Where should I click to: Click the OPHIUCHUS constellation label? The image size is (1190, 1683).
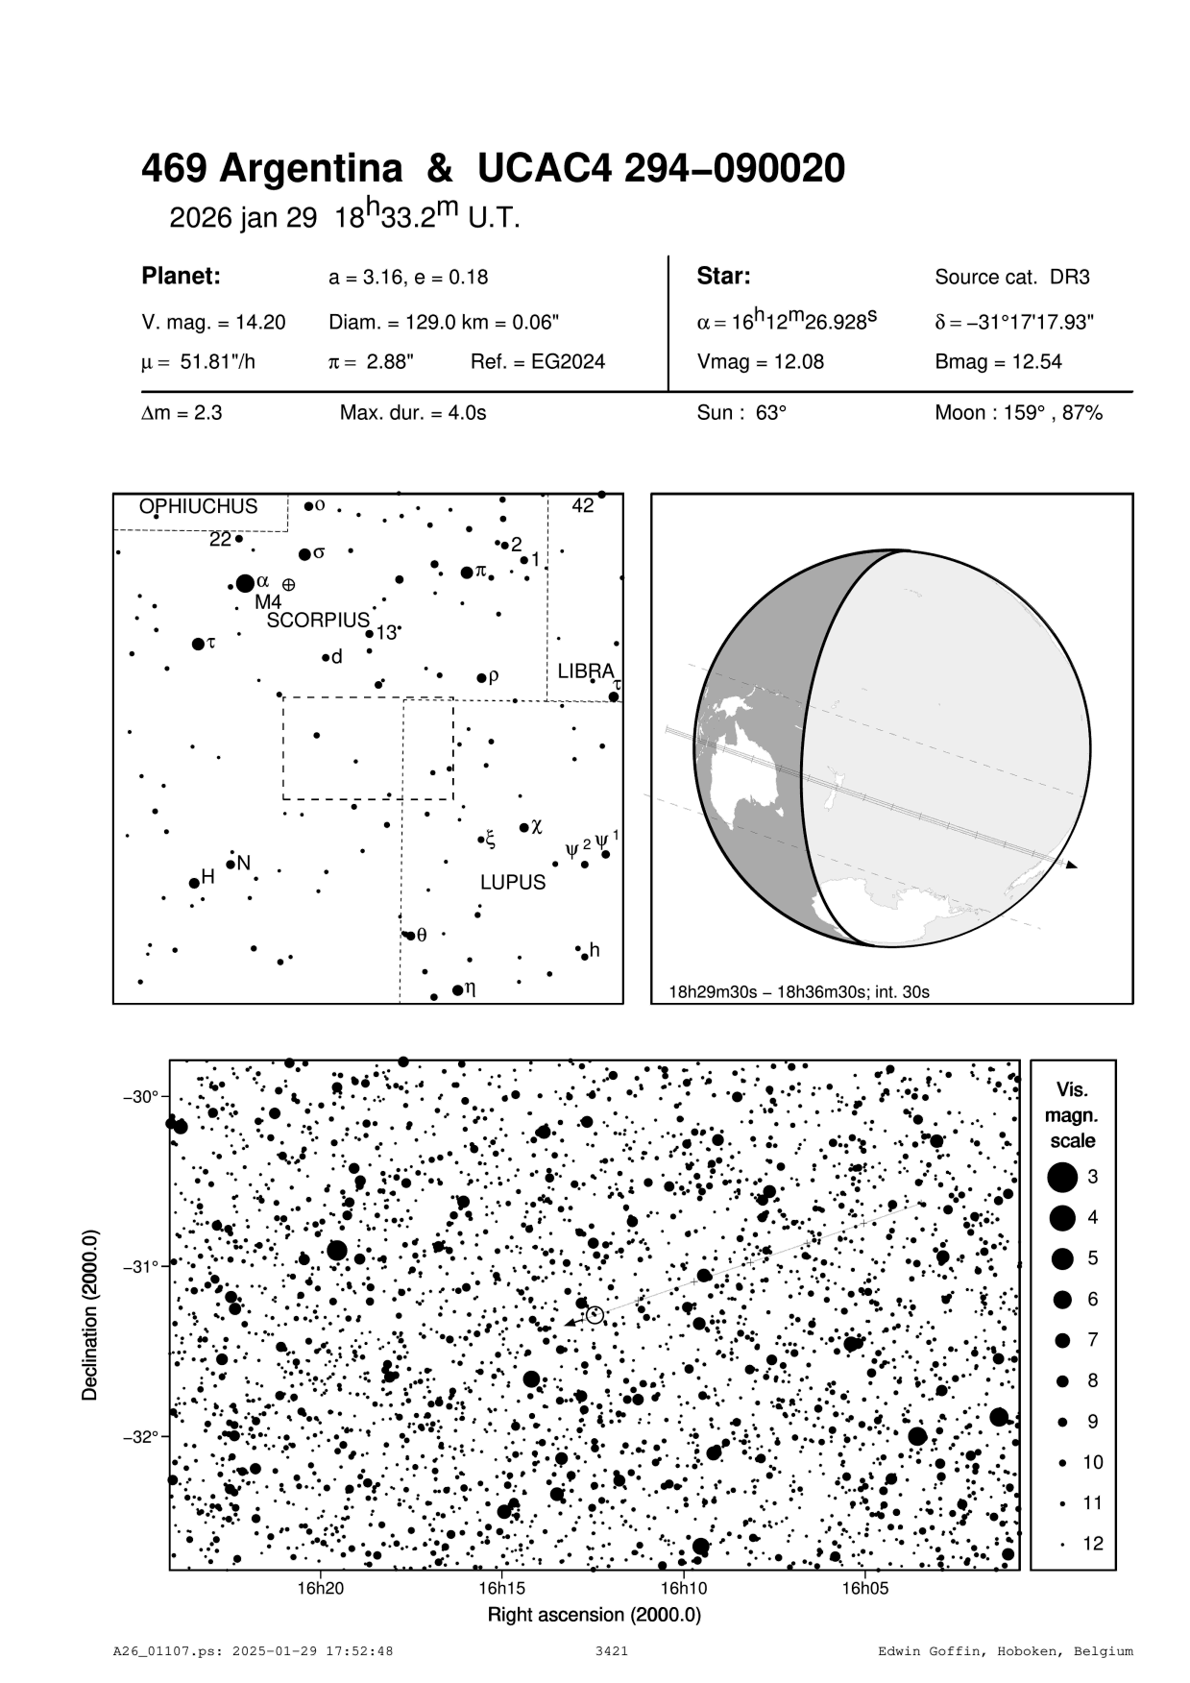pyautogui.click(x=198, y=506)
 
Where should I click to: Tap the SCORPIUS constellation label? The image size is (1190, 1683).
pyautogui.click(x=318, y=621)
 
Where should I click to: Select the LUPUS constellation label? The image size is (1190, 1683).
pyautogui.click(x=513, y=882)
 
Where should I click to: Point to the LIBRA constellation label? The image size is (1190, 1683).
pyautogui.click(x=585, y=671)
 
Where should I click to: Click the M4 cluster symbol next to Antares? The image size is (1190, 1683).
pyautogui.click(x=288, y=584)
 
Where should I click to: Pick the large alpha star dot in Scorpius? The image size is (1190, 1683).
pyautogui.click(x=245, y=583)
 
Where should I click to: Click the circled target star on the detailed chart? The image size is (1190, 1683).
pyautogui.click(x=595, y=1315)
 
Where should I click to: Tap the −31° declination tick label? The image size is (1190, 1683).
pyautogui.click(x=142, y=1267)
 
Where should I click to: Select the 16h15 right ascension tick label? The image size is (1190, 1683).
pyautogui.click(x=501, y=1588)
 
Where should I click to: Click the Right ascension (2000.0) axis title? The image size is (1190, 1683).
pyautogui.click(x=595, y=1615)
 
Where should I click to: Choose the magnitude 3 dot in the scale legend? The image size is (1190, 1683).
pyautogui.click(x=1062, y=1177)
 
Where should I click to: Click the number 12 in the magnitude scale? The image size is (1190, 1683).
pyautogui.click(x=1093, y=1544)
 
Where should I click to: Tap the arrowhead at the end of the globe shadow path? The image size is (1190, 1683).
pyautogui.click(x=1072, y=866)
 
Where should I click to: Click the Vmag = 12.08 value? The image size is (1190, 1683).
pyautogui.click(x=760, y=362)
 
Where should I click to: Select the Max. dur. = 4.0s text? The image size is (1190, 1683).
pyautogui.click(x=413, y=413)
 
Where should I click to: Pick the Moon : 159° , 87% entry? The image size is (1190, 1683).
pyautogui.click(x=1018, y=413)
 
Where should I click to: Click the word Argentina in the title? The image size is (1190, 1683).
pyautogui.click(x=311, y=169)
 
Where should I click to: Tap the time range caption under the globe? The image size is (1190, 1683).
pyautogui.click(x=799, y=990)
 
